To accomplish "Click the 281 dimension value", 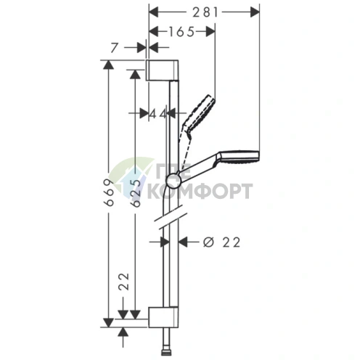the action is pos(205,12).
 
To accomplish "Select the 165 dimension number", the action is pos(181,32).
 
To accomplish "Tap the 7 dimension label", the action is pos(114,48).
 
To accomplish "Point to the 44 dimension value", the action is pos(157,114).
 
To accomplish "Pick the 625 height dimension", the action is pos(136,194).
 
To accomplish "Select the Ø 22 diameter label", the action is pos(222,242).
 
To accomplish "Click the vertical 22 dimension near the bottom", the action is pos(124,282).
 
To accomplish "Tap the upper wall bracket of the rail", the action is pos(162,70).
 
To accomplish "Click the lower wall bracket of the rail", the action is pos(163,317).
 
